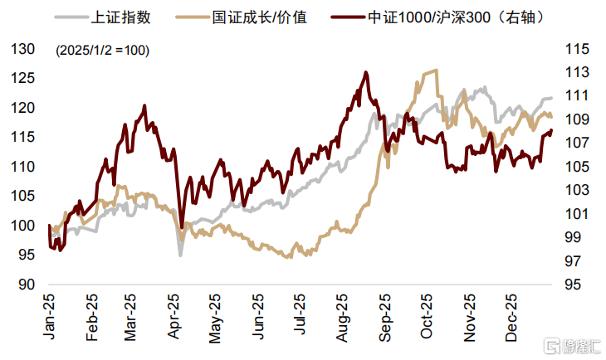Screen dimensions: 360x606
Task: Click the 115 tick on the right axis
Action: tap(575, 49)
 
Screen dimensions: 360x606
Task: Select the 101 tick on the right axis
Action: tap(575, 214)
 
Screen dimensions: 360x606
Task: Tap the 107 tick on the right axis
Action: tap(575, 144)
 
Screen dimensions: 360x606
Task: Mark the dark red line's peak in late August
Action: tap(366, 72)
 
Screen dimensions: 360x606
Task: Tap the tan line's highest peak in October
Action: tap(435, 71)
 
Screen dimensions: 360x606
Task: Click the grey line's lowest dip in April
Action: tap(180, 255)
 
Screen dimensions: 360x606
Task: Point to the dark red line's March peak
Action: tap(144, 105)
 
